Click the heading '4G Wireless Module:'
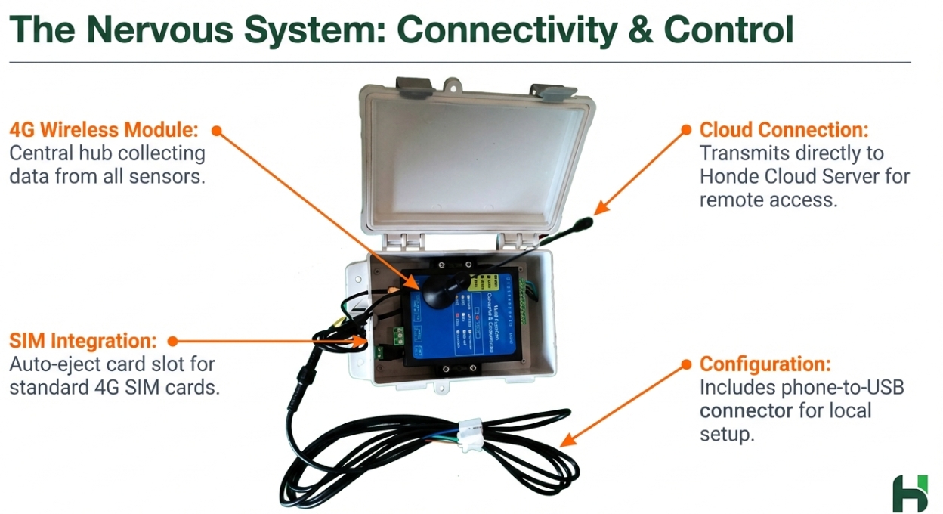point(104,130)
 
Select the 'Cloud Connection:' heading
point(784,130)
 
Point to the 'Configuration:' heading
point(765,364)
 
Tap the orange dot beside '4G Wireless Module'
point(216,131)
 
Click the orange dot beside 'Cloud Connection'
point(686,130)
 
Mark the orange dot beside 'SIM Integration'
point(172,341)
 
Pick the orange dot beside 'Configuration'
point(686,364)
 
